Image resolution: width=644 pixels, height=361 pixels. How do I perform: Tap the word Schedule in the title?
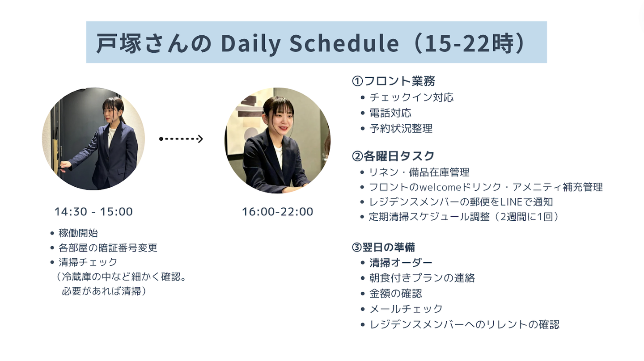tap(344, 42)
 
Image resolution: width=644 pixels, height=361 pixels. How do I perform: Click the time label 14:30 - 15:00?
tap(93, 212)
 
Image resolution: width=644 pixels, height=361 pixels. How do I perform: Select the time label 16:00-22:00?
tap(277, 212)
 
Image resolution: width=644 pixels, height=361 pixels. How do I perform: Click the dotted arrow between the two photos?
tap(181, 139)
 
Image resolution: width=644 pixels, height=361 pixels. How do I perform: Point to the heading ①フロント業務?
tap(393, 81)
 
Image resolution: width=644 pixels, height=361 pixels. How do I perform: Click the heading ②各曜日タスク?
tap(393, 156)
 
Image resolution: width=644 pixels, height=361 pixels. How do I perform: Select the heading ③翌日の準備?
tap(383, 247)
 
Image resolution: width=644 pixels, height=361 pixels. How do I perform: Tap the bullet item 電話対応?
tap(390, 113)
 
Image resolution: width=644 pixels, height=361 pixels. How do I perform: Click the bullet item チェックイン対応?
tap(411, 97)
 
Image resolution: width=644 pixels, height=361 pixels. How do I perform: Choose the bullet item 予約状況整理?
tap(401, 128)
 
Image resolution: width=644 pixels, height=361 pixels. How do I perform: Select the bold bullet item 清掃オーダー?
tap(401, 263)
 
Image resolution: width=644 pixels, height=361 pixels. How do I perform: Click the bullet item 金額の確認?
tap(396, 294)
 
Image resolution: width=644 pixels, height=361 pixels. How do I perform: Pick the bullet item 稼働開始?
tap(78, 233)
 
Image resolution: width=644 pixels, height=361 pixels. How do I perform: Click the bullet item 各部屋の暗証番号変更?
tap(108, 248)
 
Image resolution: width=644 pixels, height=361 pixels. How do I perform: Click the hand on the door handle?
tap(65, 166)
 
